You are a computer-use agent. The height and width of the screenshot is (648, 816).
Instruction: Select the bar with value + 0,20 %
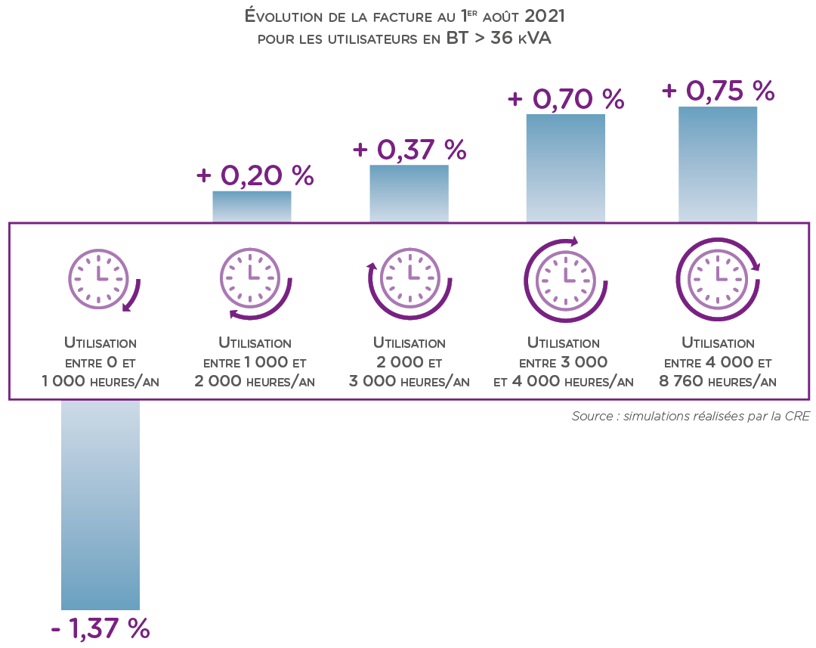pyautogui.click(x=252, y=206)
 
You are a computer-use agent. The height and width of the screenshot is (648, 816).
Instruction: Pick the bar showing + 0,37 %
pyautogui.click(x=409, y=193)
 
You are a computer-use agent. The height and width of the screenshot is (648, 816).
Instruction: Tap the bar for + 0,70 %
pyautogui.click(x=565, y=167)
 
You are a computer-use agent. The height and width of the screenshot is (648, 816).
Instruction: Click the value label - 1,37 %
pyautogui.click(x=100, y=628)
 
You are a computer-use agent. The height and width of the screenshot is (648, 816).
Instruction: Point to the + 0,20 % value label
pyautogui.click(x=255, y=175)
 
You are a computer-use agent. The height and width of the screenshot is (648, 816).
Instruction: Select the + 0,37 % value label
pyautogui.click(x=410, y=149)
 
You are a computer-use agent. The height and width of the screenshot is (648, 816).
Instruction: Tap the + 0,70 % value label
pyautogui.click(x=566, y=99)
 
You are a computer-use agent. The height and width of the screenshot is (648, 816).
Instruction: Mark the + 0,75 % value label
pyautogui.click(x=719, y=91)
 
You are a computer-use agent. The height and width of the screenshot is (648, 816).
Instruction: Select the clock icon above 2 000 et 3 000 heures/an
pyautogui.click(x=409, y=278)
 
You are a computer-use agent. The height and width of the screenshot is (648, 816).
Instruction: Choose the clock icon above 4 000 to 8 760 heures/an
pyautogui.click(x=717, y=277)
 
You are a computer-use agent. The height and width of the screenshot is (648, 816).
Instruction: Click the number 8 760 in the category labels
pyautogui.click(x=678, y=381)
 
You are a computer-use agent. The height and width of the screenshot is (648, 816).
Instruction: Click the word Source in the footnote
pyautogui.click(x=591, y=417)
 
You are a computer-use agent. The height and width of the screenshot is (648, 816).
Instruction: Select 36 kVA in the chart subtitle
pyautogui.click(x=521, y=39)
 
